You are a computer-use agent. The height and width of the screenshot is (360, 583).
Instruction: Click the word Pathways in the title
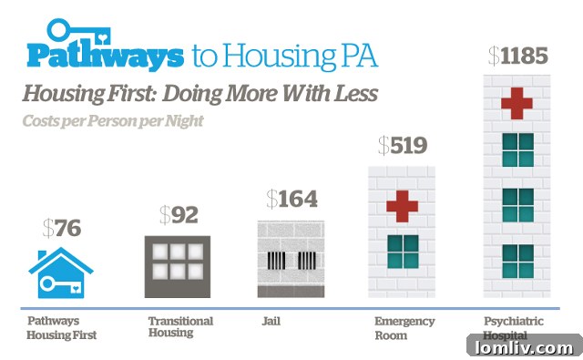pos(104,57)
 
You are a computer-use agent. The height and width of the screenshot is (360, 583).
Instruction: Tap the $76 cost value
pos(61,228)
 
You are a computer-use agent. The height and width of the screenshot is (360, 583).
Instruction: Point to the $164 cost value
pos(291,199)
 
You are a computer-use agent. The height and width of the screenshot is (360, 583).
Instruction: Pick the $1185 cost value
pos(517,57)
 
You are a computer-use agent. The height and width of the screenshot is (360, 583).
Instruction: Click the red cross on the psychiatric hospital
pos(517,102)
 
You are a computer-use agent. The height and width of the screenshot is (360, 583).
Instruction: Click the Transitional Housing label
pos(180,327)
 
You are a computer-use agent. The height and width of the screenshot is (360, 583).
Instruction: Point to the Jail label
pos(270,322)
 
